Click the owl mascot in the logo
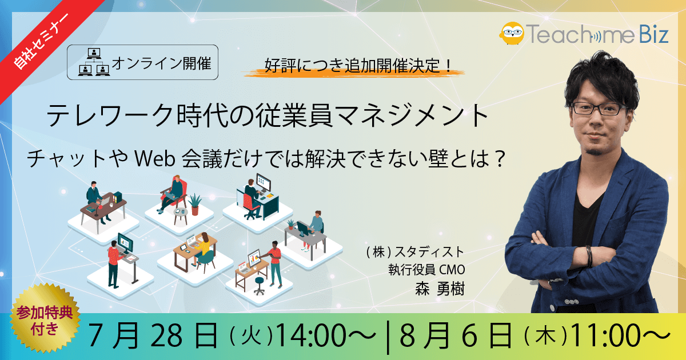512,33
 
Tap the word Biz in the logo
653,34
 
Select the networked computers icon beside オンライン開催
94,62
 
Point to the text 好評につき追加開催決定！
358,65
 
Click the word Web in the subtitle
155,159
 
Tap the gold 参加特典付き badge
45,319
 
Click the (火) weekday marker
251,336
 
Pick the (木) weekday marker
546,336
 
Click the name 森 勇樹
440,289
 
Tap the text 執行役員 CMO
426,270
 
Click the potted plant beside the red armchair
195,204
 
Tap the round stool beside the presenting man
260,285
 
